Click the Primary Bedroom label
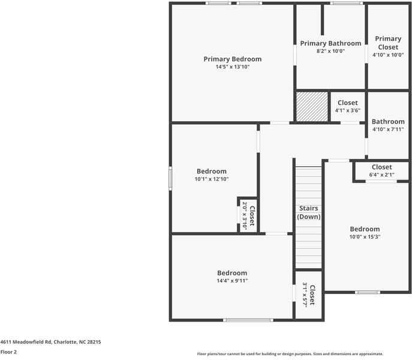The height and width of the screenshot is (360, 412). click(232, 59)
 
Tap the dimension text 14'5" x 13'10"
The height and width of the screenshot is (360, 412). click(232, 67)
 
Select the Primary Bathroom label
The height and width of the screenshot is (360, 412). click(330, 43)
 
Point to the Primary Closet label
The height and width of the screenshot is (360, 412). click(387, 43)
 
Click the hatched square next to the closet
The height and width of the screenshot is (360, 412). click(312, 107)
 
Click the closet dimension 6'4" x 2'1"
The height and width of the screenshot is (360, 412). click(381, 175)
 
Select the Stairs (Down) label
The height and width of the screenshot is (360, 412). click(309, 212)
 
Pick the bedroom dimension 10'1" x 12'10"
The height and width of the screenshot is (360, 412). click(211, 179)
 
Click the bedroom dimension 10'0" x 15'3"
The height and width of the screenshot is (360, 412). click(365, 236)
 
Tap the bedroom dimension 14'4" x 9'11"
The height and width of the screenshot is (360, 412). click(232, 280)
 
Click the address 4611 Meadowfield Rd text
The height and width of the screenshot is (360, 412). click(50, 341)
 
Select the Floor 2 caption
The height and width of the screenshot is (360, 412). click(8, 352)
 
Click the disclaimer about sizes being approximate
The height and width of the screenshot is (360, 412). click(290, 354)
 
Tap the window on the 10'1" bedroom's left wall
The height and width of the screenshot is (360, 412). click(170, 178)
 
